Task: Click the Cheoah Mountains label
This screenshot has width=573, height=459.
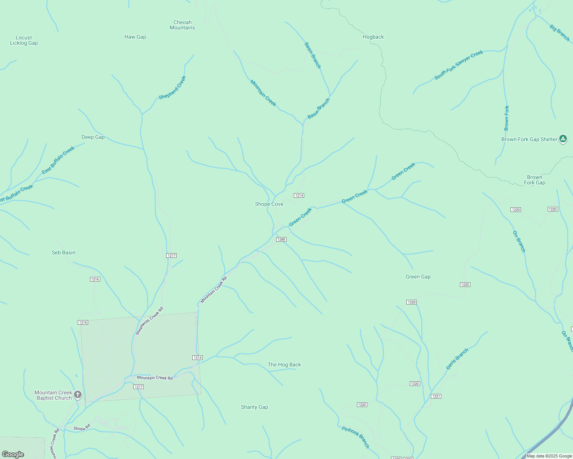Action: point(182,25)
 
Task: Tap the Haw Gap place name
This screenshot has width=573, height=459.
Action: point(135,37)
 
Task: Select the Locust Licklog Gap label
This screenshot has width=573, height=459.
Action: point(24,41)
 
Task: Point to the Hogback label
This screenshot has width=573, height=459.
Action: point(373,37)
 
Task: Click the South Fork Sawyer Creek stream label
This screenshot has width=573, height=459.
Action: point(458,65)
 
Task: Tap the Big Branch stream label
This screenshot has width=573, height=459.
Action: point(560,33)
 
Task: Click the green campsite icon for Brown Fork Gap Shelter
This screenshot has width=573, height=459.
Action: point(563,139)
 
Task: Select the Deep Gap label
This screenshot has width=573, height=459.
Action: point(93,137)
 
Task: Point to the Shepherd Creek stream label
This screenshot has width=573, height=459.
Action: point(172,88)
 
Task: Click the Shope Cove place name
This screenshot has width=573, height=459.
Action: point(269,204)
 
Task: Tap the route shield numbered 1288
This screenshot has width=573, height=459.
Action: point(281,239)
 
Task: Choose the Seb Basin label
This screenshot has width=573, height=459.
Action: point(64,253)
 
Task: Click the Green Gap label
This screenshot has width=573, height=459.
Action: point(418,277)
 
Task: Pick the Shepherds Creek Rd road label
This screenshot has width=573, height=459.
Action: point(149,321)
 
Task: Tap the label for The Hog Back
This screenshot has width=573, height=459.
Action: point(284,365)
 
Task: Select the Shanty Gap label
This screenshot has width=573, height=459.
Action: point(254,407)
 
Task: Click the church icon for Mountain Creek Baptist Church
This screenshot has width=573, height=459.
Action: point(78,394)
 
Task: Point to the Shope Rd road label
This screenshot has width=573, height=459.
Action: point(82,428)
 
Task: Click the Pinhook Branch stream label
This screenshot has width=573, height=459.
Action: point(355,437)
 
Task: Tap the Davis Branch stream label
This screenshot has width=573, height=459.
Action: point(457,359)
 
